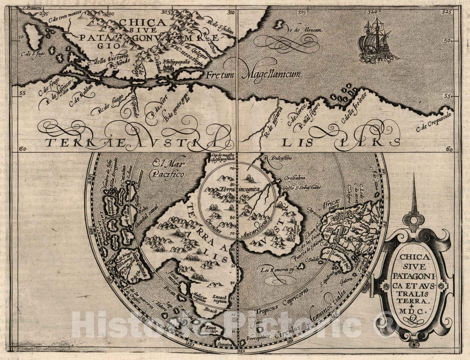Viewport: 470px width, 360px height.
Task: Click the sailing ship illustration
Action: [x=377, y=42]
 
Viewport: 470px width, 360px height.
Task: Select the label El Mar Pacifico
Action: [x=167, y=169]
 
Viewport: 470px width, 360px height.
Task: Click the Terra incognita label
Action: [x=238, y=190]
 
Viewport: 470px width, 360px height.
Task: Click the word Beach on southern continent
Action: [x=212, y=311]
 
